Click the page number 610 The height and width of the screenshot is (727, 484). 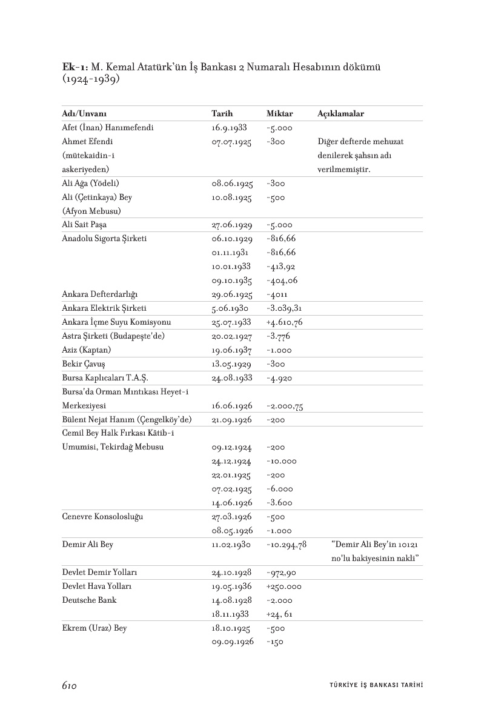[x=68, y=685]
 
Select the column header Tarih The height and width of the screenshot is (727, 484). [x=222, y=114]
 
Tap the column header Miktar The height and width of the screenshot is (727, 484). [x=279, y=114]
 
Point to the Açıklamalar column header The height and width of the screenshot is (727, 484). [x=340, y=114]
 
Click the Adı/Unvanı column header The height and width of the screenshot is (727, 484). [x=88, y=114]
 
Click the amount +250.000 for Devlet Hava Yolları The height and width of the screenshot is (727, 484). [x=284, y=586]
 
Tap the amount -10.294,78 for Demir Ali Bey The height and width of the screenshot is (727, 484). [x=287, y=545]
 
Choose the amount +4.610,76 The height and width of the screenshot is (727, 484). [x=285, y=322]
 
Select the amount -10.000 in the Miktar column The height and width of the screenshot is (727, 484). [x=281, y=461]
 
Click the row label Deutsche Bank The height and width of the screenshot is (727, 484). [x=89, y=600]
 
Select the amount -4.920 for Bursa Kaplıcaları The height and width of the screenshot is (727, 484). [x=279, y=378]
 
